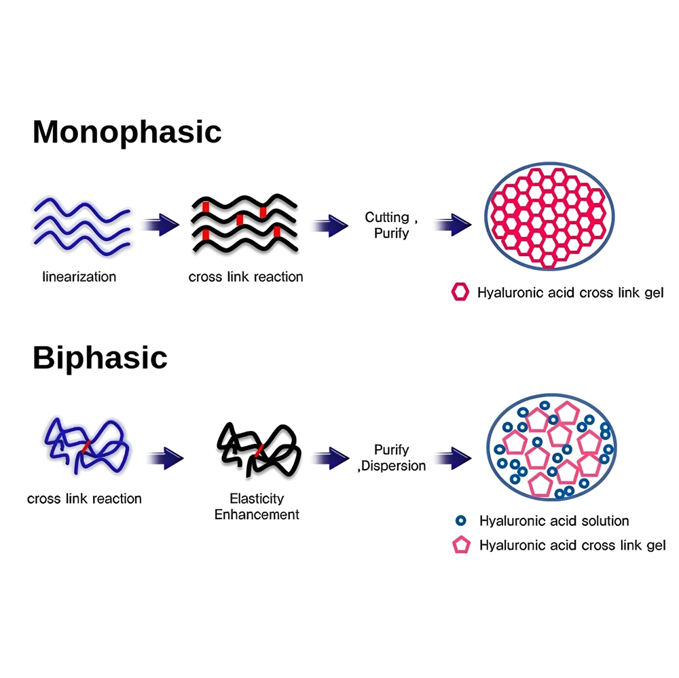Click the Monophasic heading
(127, 132)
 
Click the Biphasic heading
(100, 358)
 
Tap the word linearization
(79, 277)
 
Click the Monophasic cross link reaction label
(246, 277)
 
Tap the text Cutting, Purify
(388, 225)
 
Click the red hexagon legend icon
(460, 293)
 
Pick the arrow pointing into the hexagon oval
(452, 225)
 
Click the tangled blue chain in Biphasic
(86, 446)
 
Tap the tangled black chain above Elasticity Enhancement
(257, 447)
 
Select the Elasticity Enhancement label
(257, 506)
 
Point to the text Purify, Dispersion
(392, 457)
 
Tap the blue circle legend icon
(461, 521)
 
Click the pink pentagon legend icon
(461, 545)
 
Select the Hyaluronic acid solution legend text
(554, 521)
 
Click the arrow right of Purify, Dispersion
(452, 457)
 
